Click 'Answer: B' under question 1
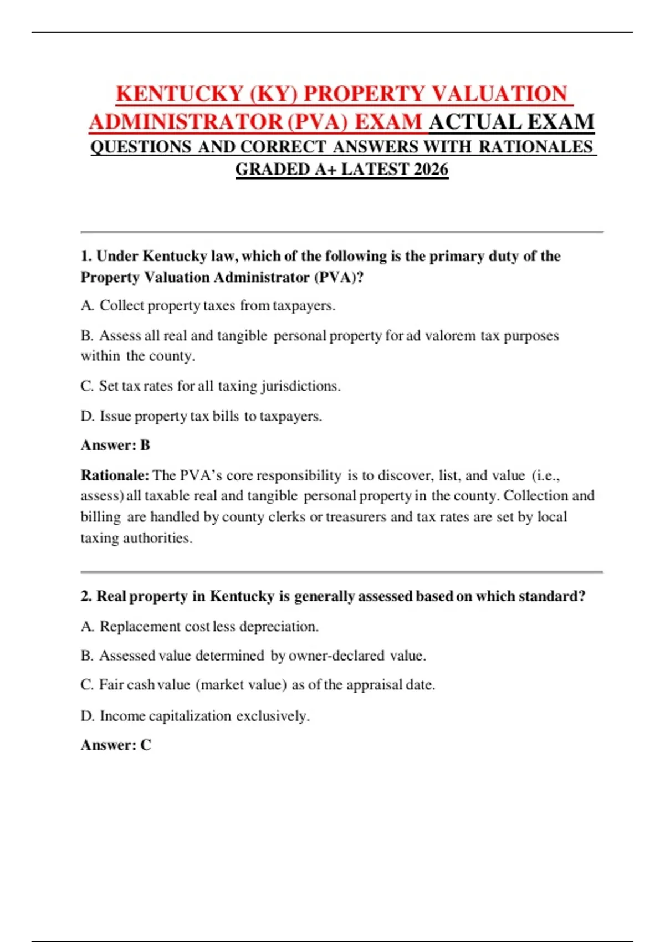(x=115, y=446)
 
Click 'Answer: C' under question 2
(x=116, y=745)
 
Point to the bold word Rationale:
(x=115, y=475)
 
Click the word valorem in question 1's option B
(x=450, y=336)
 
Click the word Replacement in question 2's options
(x=140, y=627)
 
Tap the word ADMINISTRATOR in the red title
(x=186, y=122)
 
